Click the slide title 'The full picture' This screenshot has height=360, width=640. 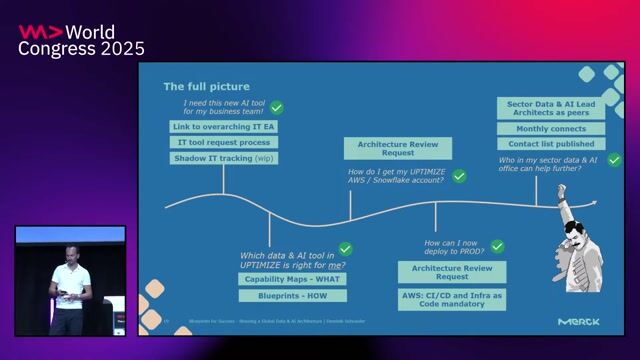[207, 87]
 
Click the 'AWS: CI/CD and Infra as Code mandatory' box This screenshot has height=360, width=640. [452, 298]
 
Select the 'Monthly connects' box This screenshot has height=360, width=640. [551, 129]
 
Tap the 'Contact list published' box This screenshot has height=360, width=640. [551, 144]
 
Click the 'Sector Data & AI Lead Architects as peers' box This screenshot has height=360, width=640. [551, 107]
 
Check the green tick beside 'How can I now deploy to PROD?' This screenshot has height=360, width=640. [497, 246]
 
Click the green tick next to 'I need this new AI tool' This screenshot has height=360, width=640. [276, 107]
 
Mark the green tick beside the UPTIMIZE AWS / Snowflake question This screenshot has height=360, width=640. [459, 176]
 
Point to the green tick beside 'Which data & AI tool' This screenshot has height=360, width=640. [345, 249]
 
